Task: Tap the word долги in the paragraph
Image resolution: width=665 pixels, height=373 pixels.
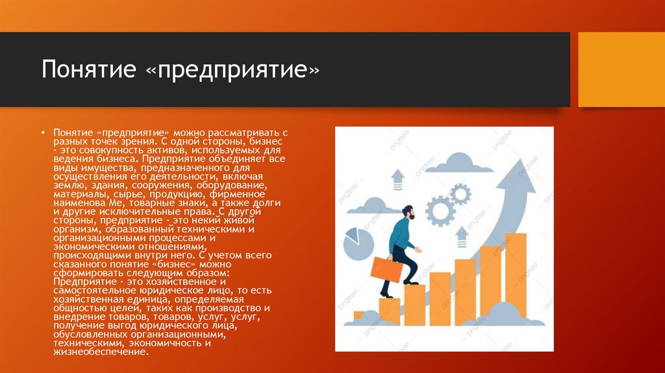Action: tap(266, 203)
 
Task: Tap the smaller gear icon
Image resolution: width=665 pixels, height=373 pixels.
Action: tap(460, 193)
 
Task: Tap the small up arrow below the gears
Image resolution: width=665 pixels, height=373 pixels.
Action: tap(462, 236)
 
